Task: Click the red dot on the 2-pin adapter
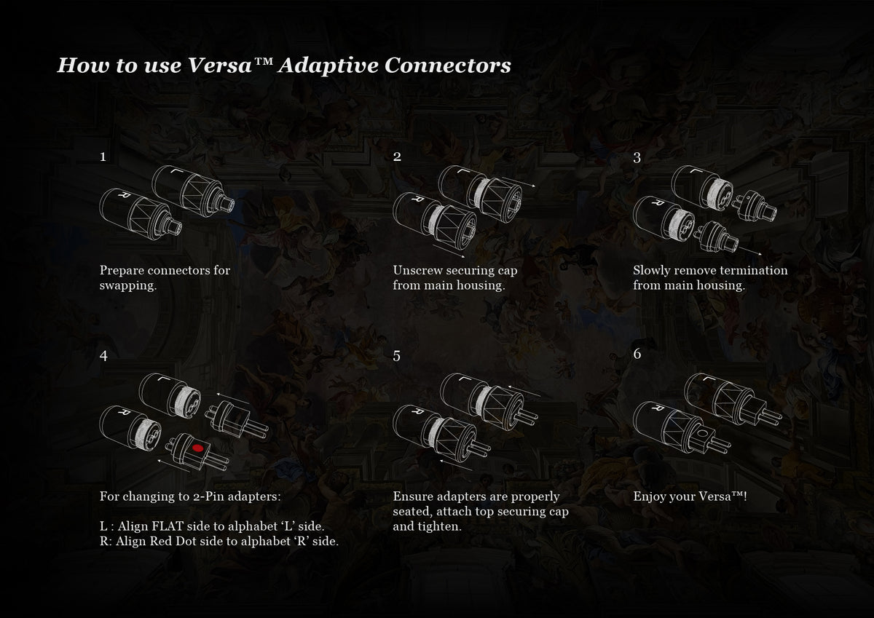pos(198,448)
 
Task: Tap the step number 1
pos(103,157)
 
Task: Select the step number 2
pos(397,157)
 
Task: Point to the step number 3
pos(637,157)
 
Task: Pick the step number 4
pos(103,356)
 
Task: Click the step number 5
pos(396,356)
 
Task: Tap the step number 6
pos(637,354)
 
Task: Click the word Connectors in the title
pos(447,65)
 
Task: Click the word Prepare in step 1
pos(122,271)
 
